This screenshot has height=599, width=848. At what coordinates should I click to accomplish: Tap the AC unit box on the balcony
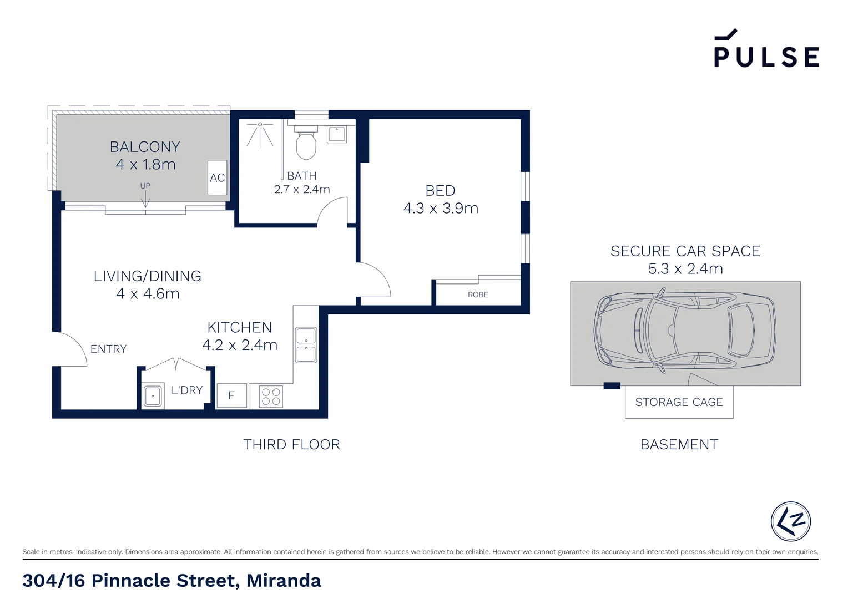(x=218, y=177)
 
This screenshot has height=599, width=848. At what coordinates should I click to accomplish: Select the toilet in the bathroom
(x=306, y=144)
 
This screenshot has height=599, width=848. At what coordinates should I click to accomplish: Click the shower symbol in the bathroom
(x=260, y=135)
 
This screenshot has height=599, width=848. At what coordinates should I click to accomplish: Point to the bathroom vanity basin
(x=337, y=134)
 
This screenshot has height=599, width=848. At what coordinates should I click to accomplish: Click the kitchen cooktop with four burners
(x=271, y=397)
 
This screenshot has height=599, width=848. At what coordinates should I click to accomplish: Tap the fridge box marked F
(x=231, y=396)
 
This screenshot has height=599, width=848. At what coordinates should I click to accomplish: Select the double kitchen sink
(x=306, y=345)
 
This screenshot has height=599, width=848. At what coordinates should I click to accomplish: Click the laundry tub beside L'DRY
(x=153, y=396)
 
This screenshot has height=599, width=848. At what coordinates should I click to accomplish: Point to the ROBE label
(x=478, y=295)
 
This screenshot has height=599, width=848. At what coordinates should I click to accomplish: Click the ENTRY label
(x=109, y=349)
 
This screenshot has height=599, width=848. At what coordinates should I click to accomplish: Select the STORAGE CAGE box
(x=679, y=402)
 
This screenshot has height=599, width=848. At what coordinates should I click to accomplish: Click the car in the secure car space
(x=685, y=331)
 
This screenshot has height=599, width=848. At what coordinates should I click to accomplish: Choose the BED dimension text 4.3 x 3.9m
(x=441, y=209)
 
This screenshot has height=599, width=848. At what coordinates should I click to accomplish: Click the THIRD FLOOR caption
(x=291, y=444)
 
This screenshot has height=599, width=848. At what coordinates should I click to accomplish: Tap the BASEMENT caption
(x=679, y=444)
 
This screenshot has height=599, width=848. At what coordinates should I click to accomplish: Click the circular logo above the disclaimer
(x=790, y=521)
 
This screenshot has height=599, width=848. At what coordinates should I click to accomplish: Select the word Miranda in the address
(x=284, y=581)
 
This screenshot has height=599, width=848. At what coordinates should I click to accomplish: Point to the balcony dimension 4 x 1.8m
(x=145, y=165)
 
